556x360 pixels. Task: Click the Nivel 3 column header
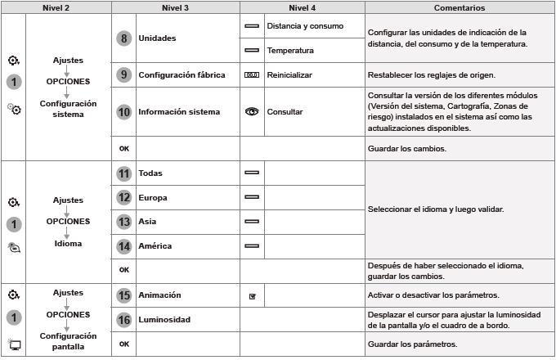click(x=174, y=7)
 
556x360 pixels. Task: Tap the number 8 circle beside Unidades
click(x=123, y=38)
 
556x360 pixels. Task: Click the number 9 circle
click(x=123, y=74)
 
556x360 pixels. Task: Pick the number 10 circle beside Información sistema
click(x=123, y=110)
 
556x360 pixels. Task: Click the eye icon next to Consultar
click(x=252, y=110)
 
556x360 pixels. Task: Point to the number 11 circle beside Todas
click(x=123, y=173)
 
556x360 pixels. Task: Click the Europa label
click(x=153, y=197)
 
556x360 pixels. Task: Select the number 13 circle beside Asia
click(x=123, y=221)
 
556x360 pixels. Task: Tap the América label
click(x=155, y=245)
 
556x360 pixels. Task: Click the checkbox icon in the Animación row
click(x=252, y=295)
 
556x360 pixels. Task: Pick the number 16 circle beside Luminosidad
click(x=123, y=319)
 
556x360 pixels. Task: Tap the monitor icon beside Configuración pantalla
click(x=14, y=344)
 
